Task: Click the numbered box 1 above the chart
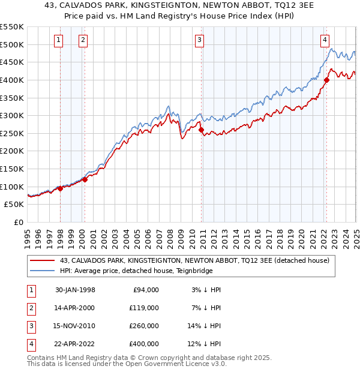[59, 40]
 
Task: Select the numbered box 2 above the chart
[83, 40]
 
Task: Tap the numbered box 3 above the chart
[199, 40]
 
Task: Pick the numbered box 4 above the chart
[324, 40]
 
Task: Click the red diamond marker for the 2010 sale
[201, 130]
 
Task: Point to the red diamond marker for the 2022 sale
[327, 80]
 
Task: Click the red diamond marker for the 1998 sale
[61, 188]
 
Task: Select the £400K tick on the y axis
[12, 80]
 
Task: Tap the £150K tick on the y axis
[12, 169]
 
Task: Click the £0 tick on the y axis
[19, 222]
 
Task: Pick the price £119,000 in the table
[145, 308]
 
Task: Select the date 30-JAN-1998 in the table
[75, 290]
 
